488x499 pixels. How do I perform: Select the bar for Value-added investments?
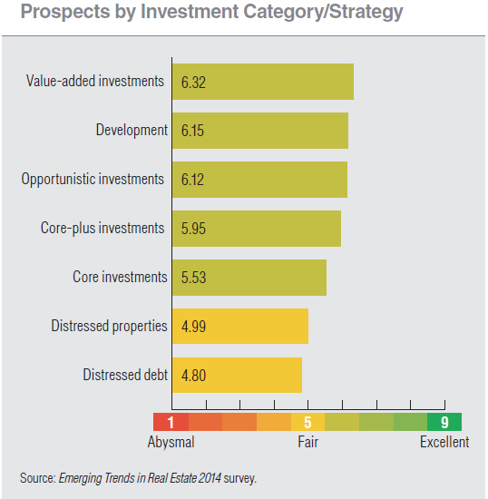click(262, 82)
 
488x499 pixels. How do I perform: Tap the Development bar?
click(259, 131)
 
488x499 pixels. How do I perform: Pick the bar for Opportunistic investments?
click(259, 180)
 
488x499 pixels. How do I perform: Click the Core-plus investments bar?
click(256, 229)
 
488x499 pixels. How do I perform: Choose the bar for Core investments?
click(249, 278)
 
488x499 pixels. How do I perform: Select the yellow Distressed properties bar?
click(239, 327)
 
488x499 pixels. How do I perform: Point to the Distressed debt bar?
click(236, 375)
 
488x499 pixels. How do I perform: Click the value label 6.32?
click(193, 83)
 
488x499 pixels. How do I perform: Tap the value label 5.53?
click(193, 278)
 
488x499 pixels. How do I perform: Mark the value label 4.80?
click(193, 376)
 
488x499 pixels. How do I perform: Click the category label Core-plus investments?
click(102, 228)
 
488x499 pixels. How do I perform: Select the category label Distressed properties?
click(109, 326)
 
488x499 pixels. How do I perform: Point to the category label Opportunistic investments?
click(93, 179)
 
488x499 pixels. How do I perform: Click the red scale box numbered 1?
click(171, 422)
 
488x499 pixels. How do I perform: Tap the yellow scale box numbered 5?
click(307, 422)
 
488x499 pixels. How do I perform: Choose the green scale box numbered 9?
click(444, 422)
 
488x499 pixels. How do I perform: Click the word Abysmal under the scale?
click(171, 443)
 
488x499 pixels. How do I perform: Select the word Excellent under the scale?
click(444, 443)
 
